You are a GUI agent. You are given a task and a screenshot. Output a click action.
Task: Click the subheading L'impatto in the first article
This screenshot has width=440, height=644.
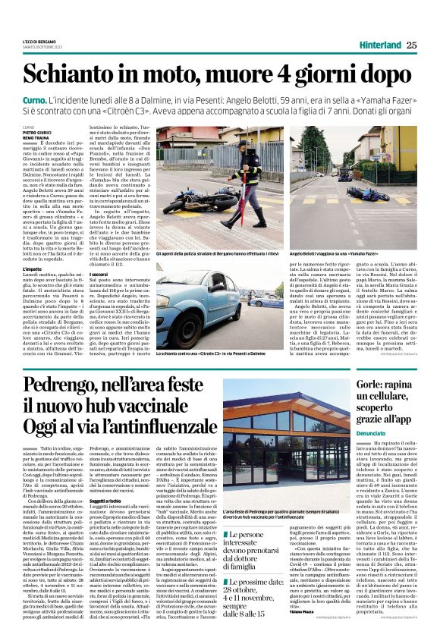[33, 268]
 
